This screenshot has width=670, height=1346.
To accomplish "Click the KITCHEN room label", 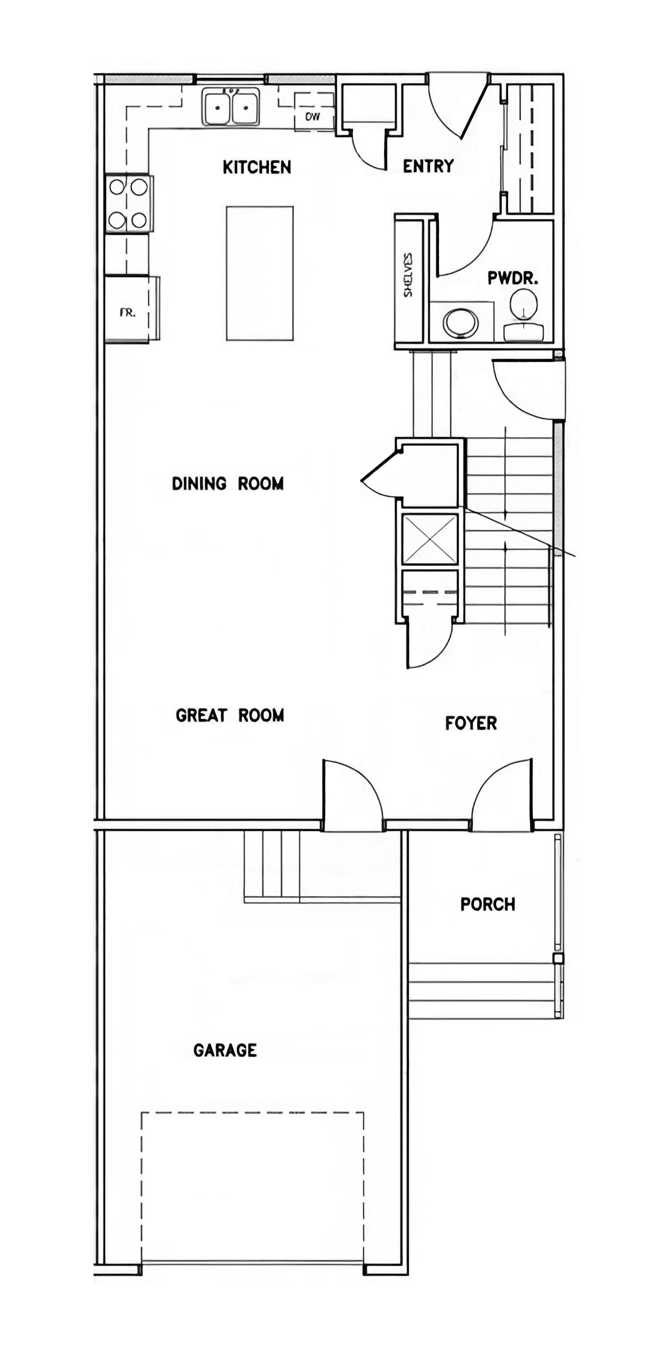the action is click(x=257, y=167).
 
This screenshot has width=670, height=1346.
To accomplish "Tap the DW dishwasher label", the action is click(x=313, y=117).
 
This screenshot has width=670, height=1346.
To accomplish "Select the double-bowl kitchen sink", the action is click(x=231, y=107).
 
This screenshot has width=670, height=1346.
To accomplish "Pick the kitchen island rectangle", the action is click(x=260, y=273).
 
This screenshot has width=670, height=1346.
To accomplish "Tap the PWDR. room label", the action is click(x=513, y=278).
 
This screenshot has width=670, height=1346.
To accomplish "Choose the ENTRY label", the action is click(x=428, y=166).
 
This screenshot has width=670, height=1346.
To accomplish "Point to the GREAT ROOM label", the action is click(x=230, y=715).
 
